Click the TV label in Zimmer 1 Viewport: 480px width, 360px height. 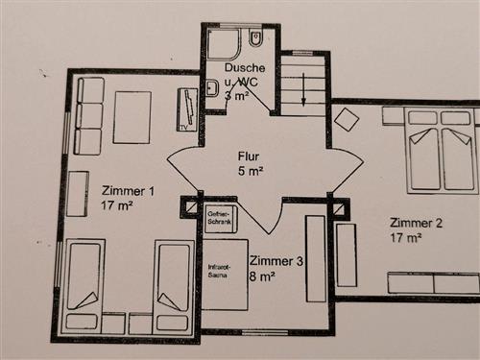[x=183, y=128]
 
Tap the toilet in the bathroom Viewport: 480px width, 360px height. [x=255, y=38]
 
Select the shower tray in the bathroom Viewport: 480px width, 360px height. [x=223, y=44]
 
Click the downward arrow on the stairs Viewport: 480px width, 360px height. [x=303, y=88]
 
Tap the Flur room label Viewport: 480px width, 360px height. [x=249, y=156]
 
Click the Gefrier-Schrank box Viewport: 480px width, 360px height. [x=221, y=218]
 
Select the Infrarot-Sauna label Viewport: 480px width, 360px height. [x=219, y=271]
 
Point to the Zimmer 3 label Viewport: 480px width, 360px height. [x=276, y=261]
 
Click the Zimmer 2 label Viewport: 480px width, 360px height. [x=416, y=223]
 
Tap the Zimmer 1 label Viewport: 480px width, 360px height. [x=128, y=191]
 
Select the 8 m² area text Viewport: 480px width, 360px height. [x=262, y=276]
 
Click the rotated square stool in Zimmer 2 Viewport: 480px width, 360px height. [x=347, y=119]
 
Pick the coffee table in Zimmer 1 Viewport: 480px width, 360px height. [x=132, y=117]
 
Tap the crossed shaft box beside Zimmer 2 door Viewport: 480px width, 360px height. [x=339, y=209]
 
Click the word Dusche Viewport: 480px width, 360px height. [x=245, y=67]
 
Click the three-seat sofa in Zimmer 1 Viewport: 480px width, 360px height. [x=89, y=116]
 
